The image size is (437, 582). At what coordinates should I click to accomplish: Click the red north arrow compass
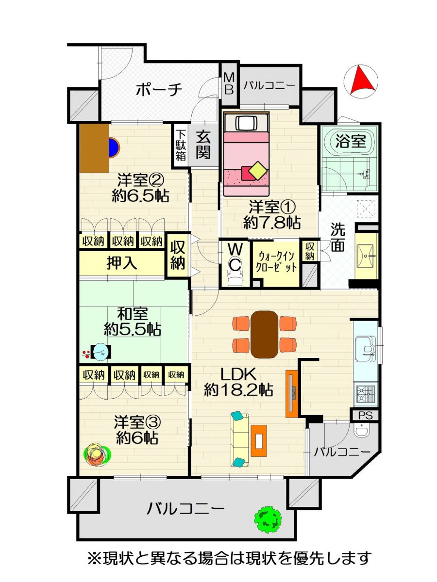pyautogui.click(x=361, y=80)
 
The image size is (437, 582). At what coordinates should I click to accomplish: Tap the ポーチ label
pyautogui.click(x=159, y=90)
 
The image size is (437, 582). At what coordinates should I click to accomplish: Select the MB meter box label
pyautogui.click(x=229, y=84)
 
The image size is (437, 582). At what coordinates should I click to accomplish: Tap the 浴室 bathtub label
pyautogui.click(x=351, y=141)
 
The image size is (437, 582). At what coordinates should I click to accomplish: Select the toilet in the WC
pyautogui.click(x=235, y=275)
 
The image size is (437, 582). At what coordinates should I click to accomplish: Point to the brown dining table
pyautogui.click(x=264, y=335)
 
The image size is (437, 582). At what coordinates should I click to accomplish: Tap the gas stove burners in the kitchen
pyautogui.click(x=366, y=394)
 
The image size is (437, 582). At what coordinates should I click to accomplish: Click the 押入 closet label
pyautogui.click(x=122, y=263)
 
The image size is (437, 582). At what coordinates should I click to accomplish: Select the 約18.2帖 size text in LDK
pyautogui.click(x=238, y=390)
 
